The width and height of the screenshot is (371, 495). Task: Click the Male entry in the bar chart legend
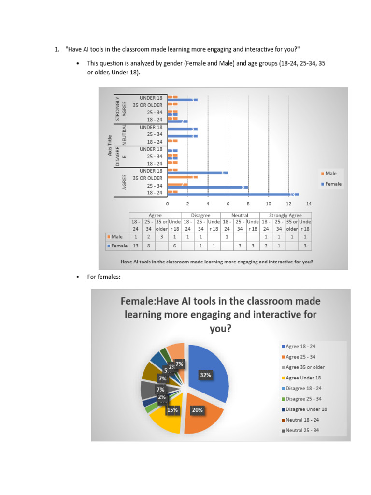click(x=331, y=173)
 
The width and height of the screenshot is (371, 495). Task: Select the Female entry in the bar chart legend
click(x=333, y=184)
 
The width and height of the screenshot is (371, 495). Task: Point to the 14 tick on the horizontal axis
click(x=308, y=204)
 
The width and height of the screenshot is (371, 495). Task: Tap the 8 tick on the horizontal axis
click(x=248, y=204)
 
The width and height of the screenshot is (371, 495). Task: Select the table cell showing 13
click(x=135, y=246)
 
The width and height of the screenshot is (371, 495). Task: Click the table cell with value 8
click(x=149, y=246)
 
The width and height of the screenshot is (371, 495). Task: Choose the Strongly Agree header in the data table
click(x=285, y=215)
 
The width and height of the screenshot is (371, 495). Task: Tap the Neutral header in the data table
click(x=240, y=215)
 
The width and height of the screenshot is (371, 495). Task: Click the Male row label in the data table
click(x=116, y=237)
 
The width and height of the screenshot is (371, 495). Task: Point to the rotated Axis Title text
click(x=110, y=145)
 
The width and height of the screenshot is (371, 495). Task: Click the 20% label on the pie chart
click(x=197, y=410)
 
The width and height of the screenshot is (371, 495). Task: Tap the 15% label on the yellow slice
click(x=172, y=410)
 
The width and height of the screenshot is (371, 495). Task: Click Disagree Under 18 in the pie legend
click(x=306, y=409)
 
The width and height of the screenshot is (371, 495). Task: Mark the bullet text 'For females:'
click(x=103, y=277)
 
